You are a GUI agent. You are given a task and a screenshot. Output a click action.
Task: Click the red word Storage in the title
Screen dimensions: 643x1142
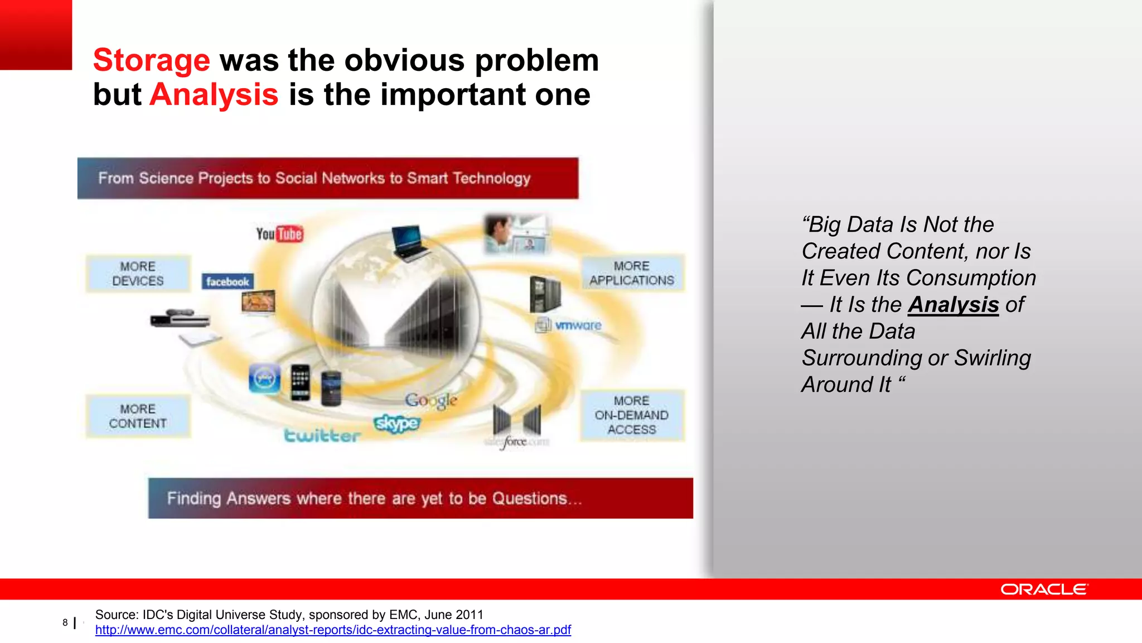coord(151,60)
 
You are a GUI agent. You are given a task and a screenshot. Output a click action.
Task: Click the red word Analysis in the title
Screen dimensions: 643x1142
coord(214,95)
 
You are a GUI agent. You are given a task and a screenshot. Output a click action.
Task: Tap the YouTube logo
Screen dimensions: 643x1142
coord(279,234)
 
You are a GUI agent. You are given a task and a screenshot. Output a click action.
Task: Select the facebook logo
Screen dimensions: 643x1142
coord(228,282)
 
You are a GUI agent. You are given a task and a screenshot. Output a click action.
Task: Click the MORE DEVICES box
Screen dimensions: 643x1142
coord(138,273)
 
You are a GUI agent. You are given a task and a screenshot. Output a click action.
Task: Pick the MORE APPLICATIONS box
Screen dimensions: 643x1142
coord(632,273)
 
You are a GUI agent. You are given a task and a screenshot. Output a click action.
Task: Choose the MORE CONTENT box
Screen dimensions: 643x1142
coord(138,416)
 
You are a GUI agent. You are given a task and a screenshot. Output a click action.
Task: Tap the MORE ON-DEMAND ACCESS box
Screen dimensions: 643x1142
coord(632,415)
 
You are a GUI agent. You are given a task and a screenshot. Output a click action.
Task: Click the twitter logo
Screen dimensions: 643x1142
coord(322,435)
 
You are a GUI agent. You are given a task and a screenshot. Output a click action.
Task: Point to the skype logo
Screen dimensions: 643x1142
coord(396,424)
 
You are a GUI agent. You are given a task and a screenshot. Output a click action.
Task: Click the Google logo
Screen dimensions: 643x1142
coord(431,400)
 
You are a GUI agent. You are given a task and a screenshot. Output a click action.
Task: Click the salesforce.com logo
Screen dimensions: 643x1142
coord(516,442)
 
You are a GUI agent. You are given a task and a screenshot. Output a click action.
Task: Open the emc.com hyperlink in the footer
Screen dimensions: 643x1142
coord(333,630)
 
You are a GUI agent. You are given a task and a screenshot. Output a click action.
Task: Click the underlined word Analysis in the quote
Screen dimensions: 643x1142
coord(953,305)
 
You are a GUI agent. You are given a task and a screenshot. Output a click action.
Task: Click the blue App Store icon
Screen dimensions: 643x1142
coord(264,379)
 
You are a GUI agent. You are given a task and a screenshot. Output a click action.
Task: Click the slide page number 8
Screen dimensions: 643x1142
coord(65,622)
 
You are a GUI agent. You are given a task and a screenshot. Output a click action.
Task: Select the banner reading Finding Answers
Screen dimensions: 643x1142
coord(420,498)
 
